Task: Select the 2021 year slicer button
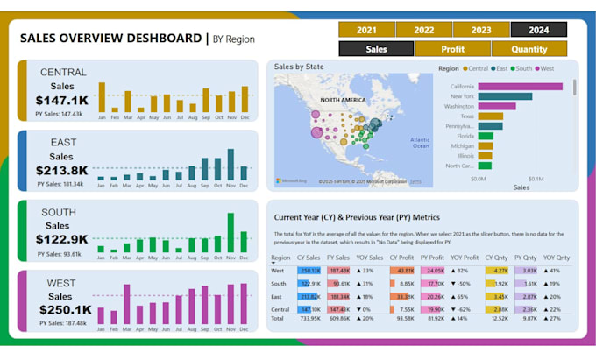tap(365, 30)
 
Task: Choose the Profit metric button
tap(452, 49)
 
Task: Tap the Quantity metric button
tap(529, 49)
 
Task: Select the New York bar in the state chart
tap(505, 96)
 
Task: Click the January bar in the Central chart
tap(102, 97)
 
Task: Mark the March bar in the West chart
tap(128, 304)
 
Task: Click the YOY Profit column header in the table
tap(465, 258)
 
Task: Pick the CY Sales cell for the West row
tap(309, 271)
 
